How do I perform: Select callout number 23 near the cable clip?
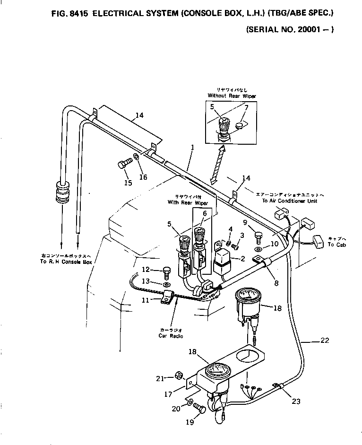(x=296, y=401)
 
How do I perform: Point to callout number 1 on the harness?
(x=192, y=148)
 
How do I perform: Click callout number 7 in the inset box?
(x=246, y=107)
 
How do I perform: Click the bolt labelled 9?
(x=258, y=235)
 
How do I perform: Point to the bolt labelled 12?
(x=166, y=271)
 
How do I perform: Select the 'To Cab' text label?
(x=337, y=245)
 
